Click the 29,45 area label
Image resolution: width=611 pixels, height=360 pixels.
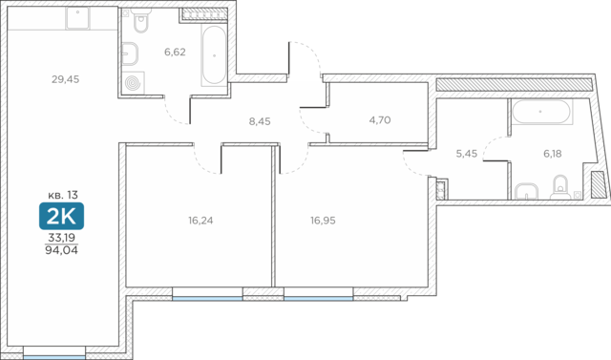tap(66, 79)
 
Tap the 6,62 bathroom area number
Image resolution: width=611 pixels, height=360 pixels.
tap(175, 52)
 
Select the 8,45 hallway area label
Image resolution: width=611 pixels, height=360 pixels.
tap(260, 121)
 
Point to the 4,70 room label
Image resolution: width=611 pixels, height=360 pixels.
tap(380, 120)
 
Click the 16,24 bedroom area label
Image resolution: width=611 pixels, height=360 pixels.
tap(200, 221)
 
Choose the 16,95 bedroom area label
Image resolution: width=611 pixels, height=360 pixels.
tap(323, 221)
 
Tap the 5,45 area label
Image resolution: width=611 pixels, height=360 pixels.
tap(467, 154)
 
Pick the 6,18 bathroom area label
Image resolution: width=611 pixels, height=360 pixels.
tap(553, 154)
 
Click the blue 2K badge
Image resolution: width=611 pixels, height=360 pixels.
tap(61, 216)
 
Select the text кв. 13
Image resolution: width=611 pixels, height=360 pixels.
tap(63, 195)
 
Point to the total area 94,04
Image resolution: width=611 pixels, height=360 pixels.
tap(61, 250)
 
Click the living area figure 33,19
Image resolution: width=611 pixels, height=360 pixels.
tap(61, 237)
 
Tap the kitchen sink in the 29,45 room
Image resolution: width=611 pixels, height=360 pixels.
tap(78, 18)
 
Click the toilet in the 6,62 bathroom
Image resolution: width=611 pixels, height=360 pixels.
tap(140, 21)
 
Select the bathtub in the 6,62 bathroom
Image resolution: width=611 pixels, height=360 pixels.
tap(214, 55)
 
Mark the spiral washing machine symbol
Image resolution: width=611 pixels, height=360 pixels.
tap(134, 82)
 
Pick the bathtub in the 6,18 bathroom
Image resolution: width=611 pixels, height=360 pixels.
tap(541, 112)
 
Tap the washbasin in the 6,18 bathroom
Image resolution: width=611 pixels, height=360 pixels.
tap(526, 192)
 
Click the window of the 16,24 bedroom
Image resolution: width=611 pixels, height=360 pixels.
tap(208, 299)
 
